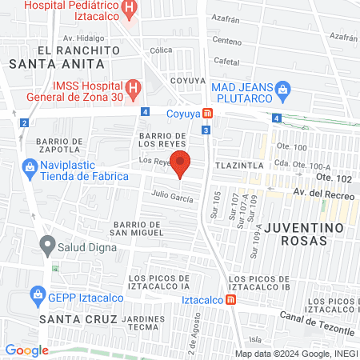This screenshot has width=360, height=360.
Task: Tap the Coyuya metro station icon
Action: [x=207, y=114]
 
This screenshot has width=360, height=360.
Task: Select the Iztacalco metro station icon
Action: [x=230, y=300]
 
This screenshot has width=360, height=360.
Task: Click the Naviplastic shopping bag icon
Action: [x=29, y=166]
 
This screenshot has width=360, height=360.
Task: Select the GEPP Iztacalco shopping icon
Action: [x=37, y=294]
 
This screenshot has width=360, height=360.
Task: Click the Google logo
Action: [x=26, y=350]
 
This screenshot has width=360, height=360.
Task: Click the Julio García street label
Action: [x=170, y=197]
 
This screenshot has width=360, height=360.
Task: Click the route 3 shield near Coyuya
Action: [x=206, y=130]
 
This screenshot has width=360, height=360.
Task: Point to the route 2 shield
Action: [x=25, y=122]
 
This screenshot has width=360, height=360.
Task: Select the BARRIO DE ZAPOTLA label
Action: [x=58, y=144]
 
